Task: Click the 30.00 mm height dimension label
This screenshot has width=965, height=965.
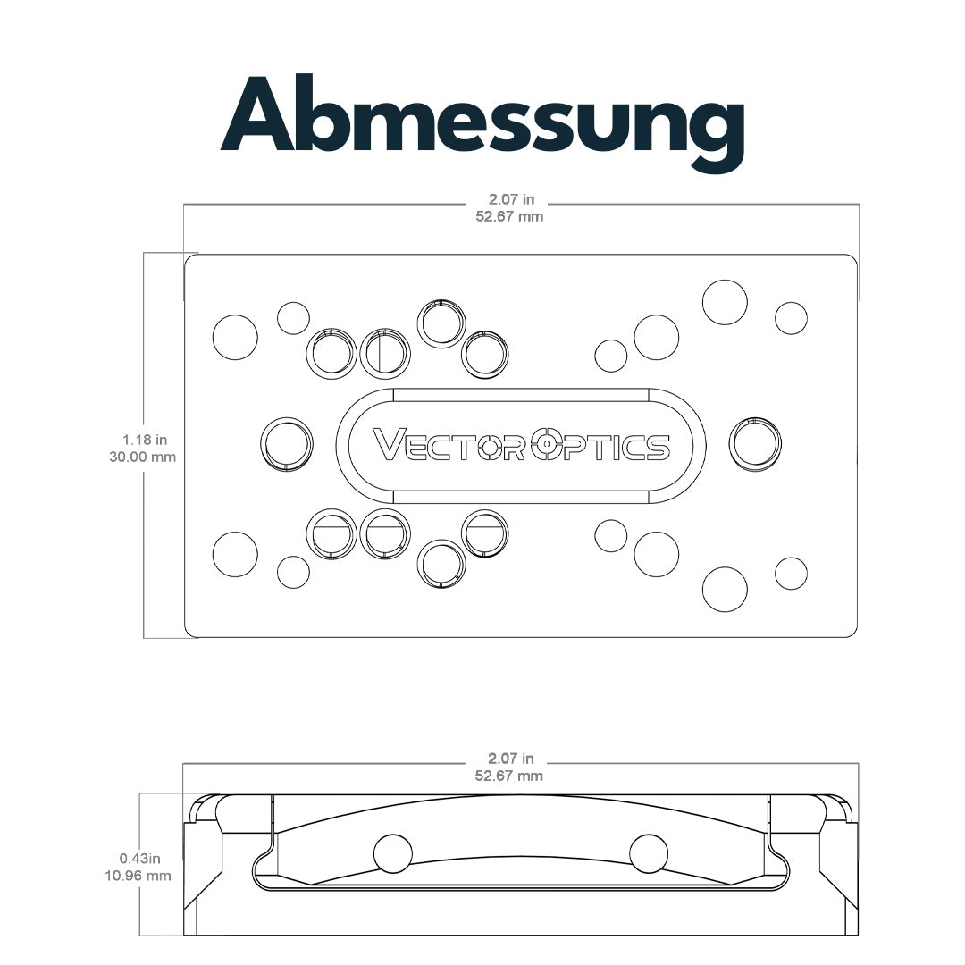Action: tap(143, 457)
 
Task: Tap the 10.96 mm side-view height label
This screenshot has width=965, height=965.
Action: tap(138, 875)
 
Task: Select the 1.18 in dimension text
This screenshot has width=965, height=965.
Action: tap(145, 440)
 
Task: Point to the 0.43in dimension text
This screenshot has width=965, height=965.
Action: tap(139, 858)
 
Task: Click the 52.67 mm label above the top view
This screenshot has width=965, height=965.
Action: tap(509, 216)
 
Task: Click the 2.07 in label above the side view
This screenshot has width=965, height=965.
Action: tap(511, 759)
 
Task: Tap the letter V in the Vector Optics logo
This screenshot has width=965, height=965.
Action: tap(388, 444)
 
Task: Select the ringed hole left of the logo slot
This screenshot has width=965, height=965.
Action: tap(287, 444)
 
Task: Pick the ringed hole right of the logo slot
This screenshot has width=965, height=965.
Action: tap(755, 444)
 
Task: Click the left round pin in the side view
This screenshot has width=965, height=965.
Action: tap(393, 853)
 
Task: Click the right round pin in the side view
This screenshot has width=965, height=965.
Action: tap(649, 853)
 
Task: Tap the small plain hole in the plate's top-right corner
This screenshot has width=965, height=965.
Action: tap(791, 318)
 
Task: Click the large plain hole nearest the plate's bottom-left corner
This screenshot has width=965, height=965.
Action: tap(235, 554)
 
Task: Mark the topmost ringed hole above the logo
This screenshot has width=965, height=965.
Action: tap(441, 323)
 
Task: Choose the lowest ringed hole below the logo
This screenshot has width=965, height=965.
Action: tap(441, 565)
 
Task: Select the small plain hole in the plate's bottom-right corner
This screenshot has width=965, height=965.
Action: tap(791, 574)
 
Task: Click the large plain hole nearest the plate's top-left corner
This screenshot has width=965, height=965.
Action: tap(235, 337)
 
